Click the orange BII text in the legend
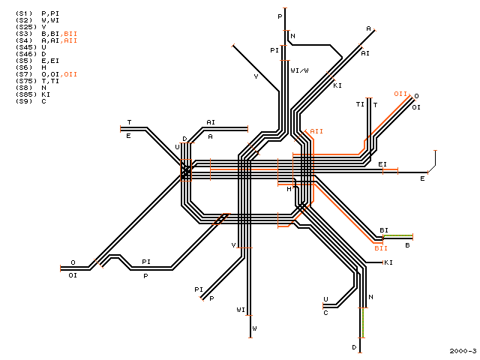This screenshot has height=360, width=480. pos(70,34)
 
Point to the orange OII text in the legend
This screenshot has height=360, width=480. pos(70,74)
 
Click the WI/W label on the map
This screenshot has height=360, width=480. pos(299,70)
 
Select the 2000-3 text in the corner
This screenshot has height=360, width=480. pos(463,351)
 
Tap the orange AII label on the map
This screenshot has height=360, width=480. pos(316,131)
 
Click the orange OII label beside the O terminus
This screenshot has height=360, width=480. pos(400,94)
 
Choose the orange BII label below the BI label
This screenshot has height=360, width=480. pos(381,248)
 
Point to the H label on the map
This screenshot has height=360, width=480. pos(289,190)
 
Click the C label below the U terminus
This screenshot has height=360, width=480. pos(325,313)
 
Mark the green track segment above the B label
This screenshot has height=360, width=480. pos(397,235)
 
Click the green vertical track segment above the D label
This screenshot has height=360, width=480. pos(363,322)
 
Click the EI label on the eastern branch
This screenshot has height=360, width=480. pos(382,164)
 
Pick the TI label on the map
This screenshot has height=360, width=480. pos(360,104)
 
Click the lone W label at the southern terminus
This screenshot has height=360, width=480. pos(254,328)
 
